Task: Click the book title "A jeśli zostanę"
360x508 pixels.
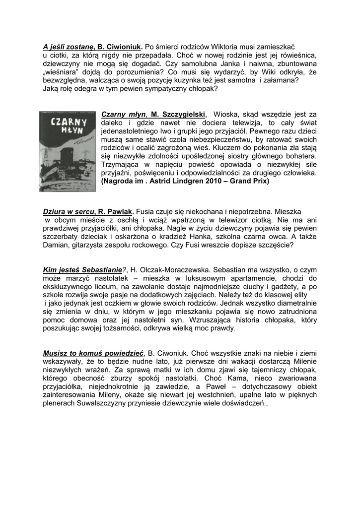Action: (x=68, y=47)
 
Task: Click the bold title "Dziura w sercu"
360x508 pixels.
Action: (x=68, y=211)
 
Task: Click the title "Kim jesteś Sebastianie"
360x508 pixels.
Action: (x=82, y=270)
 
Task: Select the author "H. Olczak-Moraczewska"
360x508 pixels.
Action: (x=170, y=270)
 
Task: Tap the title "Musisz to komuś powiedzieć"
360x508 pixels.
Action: (x=93, y=353)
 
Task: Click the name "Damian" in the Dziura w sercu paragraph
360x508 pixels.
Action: (x=56, y=245)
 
